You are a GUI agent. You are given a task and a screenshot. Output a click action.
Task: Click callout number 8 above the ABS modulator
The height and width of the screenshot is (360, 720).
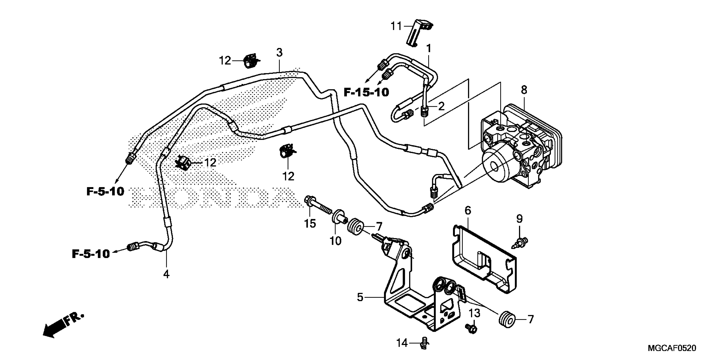click(x=524, y=90)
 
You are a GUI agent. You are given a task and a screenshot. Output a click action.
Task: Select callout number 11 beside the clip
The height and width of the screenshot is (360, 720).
click(x=396, y=26)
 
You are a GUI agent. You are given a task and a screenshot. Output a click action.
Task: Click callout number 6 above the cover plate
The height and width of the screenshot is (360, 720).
click(x=468, y=210)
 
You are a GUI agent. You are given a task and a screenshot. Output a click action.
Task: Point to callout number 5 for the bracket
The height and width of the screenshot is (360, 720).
click(x=360, y=297)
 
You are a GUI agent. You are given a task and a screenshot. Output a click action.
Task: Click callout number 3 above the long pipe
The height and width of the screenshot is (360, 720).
click(x=279, y=52)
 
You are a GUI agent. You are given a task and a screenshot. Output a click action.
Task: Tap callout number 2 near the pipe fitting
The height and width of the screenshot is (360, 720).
click(x=441, y=106)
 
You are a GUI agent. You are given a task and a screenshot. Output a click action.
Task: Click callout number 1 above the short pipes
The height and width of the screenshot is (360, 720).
click(x=428, y=49)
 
